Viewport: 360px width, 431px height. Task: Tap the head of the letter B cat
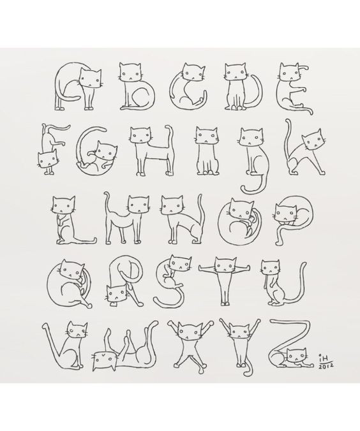pos(130,72)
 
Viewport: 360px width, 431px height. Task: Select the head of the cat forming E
pos(290,71)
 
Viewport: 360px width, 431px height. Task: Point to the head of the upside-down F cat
pos(47,159)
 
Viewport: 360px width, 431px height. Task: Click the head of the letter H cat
pos(141,135)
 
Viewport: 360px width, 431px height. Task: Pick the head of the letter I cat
pos(207,135)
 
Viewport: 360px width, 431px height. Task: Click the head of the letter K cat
pos(312,140)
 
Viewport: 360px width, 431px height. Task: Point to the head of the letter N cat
pos(172,205)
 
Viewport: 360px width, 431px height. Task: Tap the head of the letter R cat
pos(116,294)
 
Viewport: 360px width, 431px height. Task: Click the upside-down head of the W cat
pos(104,360)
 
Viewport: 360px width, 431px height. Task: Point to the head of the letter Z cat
pos(296,356)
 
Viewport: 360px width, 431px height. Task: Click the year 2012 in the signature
pos(326,366)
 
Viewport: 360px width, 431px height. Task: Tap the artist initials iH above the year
pos(325,358)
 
